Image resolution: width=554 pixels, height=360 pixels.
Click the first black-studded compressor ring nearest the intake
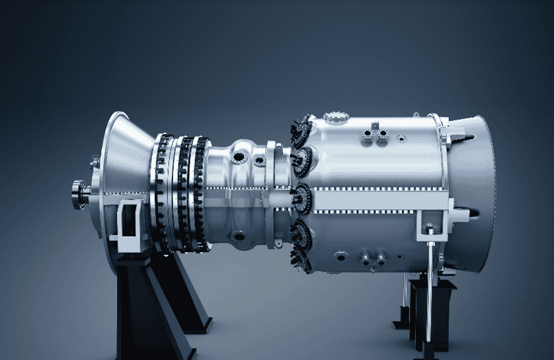162,192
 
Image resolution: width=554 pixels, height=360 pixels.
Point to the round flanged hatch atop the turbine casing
334,118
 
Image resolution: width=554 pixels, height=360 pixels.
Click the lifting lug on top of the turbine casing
375,125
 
